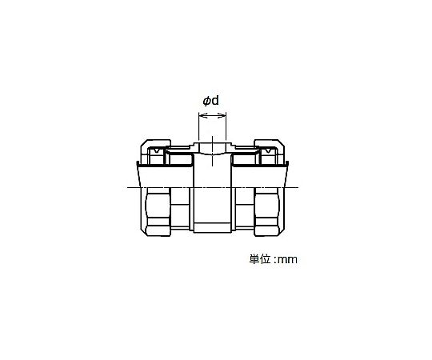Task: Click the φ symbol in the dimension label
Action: [206, 102]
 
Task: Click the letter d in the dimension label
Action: [215, 101]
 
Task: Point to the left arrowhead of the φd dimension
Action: [201, 116]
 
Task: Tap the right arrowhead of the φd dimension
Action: [222, 116]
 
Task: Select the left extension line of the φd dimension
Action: [198, 126]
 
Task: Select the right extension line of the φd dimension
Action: [226, 126]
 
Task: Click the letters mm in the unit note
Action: [287, 260]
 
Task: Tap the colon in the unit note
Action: [274, 260]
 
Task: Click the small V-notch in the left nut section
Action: [157, 150]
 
